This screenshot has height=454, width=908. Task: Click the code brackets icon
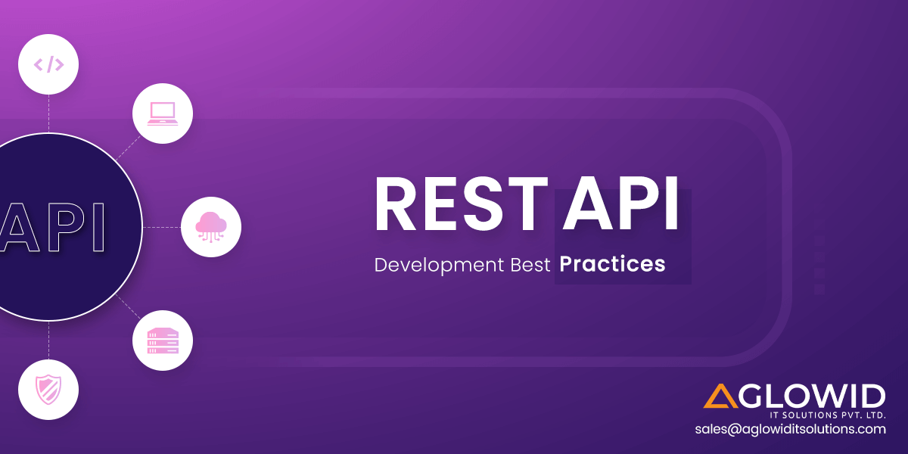point(48,65)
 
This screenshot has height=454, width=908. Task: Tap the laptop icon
point(163,113)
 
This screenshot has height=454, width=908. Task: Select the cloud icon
point(211,227)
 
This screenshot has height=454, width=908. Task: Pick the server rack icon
point(163,340)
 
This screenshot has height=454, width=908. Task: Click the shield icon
point(48,389)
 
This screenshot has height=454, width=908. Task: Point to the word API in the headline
point(620,204)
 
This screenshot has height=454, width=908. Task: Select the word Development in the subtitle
point(439,266)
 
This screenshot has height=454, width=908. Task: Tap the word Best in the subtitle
point(530,265)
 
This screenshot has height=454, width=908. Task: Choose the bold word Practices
point(612,264)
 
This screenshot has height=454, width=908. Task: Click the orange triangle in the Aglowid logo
point(720,396)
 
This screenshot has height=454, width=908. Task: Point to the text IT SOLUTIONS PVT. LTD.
point(828,415)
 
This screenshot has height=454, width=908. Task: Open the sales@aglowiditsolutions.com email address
point(791,429)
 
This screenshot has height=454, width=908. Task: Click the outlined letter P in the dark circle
point(67,227)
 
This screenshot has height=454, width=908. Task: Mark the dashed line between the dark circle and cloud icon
point(162,228)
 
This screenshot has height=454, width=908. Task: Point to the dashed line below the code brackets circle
point(48,114)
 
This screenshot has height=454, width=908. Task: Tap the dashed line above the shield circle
point(48,340)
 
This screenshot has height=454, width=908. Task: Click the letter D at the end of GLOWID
point(872,396)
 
